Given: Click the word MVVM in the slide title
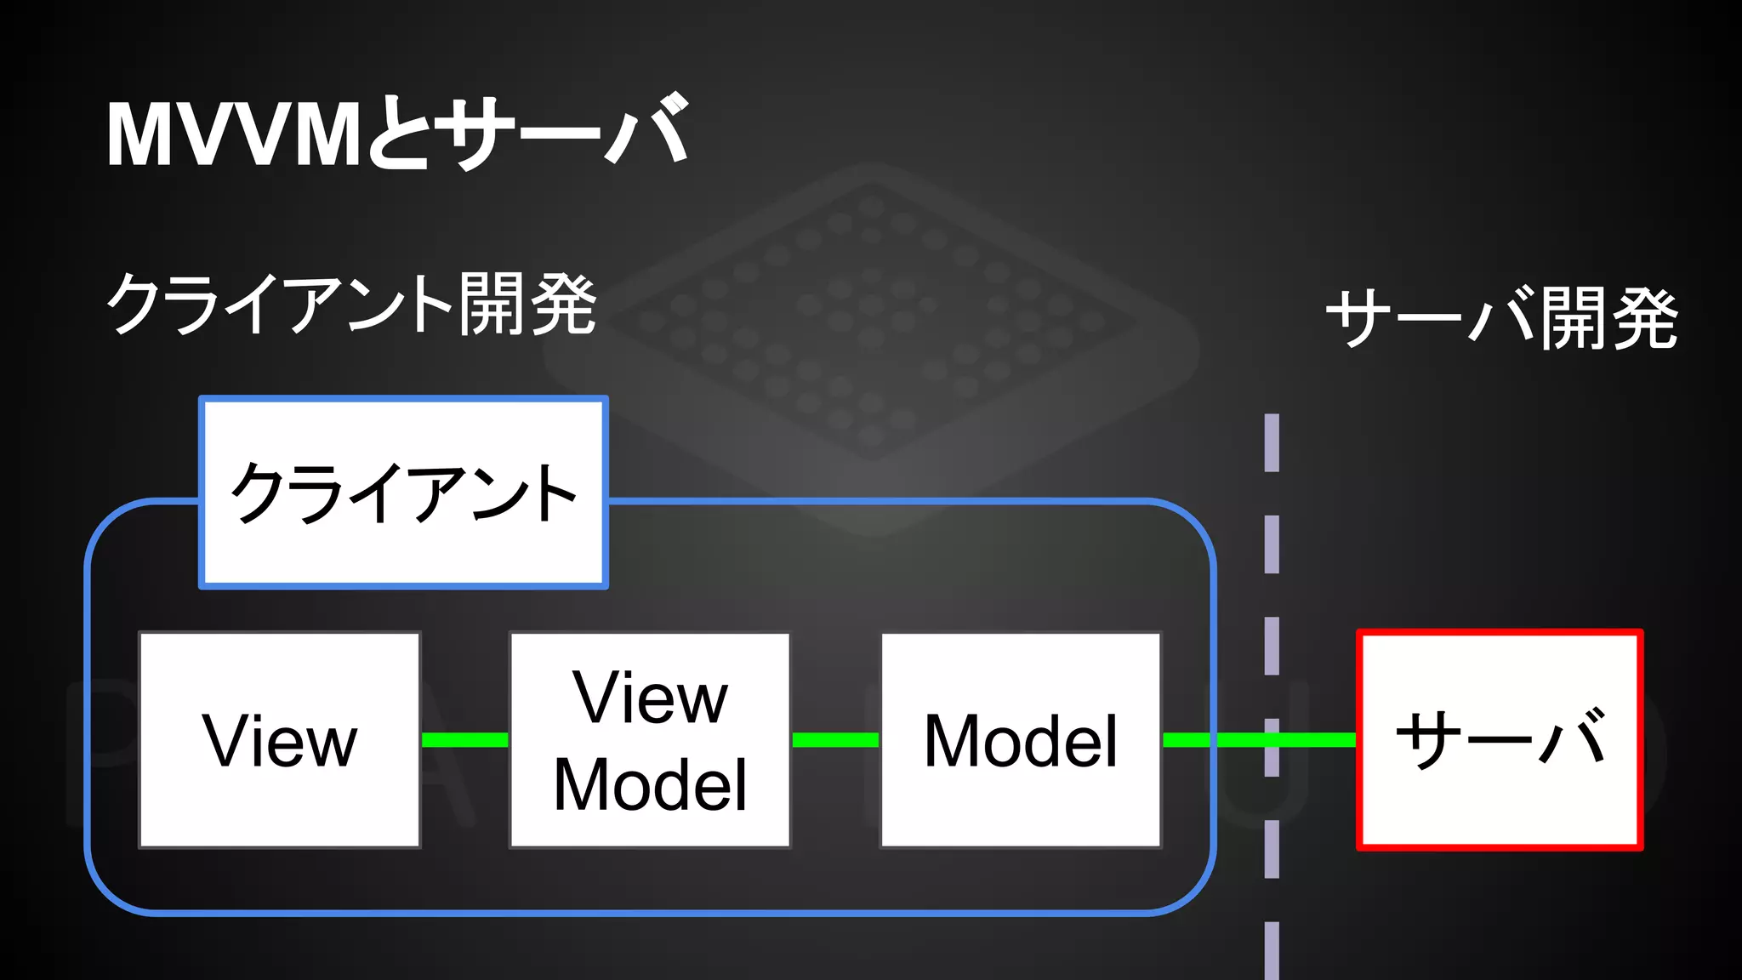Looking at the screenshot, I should point(234,134).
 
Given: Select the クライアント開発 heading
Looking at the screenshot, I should point(351,304).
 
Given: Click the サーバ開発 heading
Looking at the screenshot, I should point(1501,318).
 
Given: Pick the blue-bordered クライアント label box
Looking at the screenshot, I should point(403,493).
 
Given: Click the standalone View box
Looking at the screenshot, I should point(280,740).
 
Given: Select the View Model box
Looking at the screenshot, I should point(650,740).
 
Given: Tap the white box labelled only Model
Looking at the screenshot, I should point(1021,740).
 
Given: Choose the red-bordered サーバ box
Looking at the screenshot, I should point(1500,739).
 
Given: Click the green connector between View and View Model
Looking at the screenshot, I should point(465,740).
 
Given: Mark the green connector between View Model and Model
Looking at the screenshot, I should point(835,740).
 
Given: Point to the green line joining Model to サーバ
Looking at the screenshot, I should point(1259,740).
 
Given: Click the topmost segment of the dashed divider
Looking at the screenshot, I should point(1272,442).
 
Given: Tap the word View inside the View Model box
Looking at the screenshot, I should point(650,698).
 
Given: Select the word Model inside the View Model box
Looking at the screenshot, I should point(650,784).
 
